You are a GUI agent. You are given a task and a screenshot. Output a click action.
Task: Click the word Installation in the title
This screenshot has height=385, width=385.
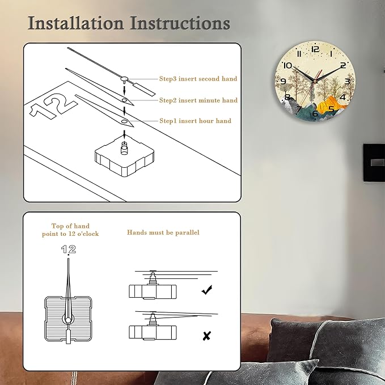pos(75,23)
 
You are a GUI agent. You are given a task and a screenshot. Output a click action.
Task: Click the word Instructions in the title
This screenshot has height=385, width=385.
pos(180,23)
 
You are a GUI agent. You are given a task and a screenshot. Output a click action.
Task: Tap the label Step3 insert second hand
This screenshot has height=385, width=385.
pos(198,79)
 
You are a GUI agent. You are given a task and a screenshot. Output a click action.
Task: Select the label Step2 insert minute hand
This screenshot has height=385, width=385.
pos(198,100)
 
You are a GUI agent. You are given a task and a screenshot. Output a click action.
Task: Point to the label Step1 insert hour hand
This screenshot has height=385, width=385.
pos(196,121)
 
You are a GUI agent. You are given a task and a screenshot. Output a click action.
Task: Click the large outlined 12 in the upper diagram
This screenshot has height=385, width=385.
pos(53,105)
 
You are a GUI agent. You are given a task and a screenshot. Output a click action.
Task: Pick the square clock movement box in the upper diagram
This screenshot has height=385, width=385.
pos(125,158)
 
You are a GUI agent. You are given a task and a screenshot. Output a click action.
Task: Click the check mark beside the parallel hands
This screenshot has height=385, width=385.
pos(207,290)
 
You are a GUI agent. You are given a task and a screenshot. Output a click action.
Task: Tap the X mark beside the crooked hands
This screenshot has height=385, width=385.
pos(207,336)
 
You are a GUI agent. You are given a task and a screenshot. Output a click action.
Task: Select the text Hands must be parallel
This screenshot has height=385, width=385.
pos(163,232)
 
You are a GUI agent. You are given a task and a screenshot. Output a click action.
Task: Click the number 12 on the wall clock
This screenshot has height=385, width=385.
pos(315,49)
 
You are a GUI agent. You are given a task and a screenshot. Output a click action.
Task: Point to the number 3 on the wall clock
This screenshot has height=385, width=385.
pos(347,81)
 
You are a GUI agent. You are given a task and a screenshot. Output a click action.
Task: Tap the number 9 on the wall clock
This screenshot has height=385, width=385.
pos(283,81)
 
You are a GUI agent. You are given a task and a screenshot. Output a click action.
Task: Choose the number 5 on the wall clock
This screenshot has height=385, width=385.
pos(331,108)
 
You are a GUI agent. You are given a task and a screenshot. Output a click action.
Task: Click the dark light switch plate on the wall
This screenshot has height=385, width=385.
pos(374,163)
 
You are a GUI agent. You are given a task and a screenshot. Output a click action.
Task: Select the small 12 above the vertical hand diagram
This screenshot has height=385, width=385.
pos(69,249)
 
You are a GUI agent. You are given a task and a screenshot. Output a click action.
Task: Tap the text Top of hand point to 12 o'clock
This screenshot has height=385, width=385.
pos(70,230)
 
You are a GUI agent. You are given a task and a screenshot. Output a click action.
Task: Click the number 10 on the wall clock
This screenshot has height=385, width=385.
pos(288,66)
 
